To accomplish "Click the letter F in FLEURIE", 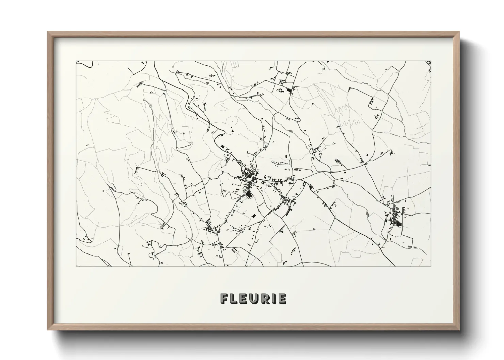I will click(225, 298).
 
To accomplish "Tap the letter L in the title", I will click(234, 298).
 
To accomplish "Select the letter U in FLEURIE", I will click(254, 298).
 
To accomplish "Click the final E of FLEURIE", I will click(282, 298).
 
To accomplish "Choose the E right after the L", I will click(244, 298).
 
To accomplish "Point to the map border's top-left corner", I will click(76, 61).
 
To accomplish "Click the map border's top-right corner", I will click(431, 61).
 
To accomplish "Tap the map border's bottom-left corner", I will click(76, 266).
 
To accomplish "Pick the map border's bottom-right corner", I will click(431, 266).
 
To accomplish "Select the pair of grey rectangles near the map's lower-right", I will click(412, 246).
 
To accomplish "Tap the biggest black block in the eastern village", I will click(397, 224).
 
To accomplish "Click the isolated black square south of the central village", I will click(253, 215).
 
